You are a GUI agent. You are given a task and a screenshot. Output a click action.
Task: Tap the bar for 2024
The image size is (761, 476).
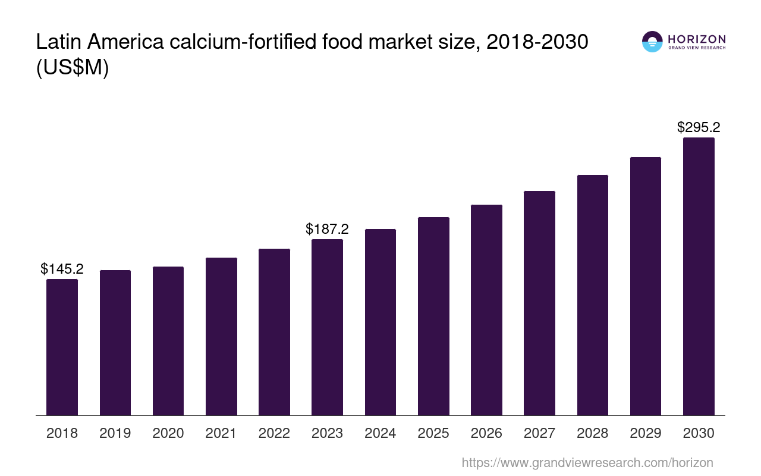click(x=380, y=322)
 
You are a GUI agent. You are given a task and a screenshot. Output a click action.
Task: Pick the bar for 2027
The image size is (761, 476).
click(x=539, y=303)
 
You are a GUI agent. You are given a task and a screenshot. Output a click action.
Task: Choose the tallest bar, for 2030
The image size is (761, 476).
click(x=699, y=276)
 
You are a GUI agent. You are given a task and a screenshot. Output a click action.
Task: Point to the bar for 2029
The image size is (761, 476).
click(x=646, y=286)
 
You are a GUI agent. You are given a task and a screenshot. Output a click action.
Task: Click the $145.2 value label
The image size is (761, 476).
click(x=62, y=269)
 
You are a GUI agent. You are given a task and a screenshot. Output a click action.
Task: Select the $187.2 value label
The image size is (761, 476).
click(x=327, y=229)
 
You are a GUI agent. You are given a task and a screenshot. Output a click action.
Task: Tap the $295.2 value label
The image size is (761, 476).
click(x=699, y=127)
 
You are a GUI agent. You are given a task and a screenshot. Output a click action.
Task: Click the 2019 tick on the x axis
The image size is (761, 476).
click(x=115, y=433)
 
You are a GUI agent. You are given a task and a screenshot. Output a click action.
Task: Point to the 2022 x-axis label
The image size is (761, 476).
click(x=274, y=433)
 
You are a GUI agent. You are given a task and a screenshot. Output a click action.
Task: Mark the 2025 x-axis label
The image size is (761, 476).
click(x=433, y=433)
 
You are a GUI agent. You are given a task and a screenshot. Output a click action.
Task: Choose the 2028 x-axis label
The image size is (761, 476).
click(x=592, y=433)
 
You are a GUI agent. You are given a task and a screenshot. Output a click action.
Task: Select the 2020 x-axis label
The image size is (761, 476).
click(x=168, y=433)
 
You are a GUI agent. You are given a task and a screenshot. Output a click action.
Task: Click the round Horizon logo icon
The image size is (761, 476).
click(x=652, y=42)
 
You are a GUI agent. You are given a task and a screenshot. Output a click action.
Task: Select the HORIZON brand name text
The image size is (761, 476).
click(x=697, y=39)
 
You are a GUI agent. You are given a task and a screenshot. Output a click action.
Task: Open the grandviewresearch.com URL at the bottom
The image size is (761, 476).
click(x=587, y=462)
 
